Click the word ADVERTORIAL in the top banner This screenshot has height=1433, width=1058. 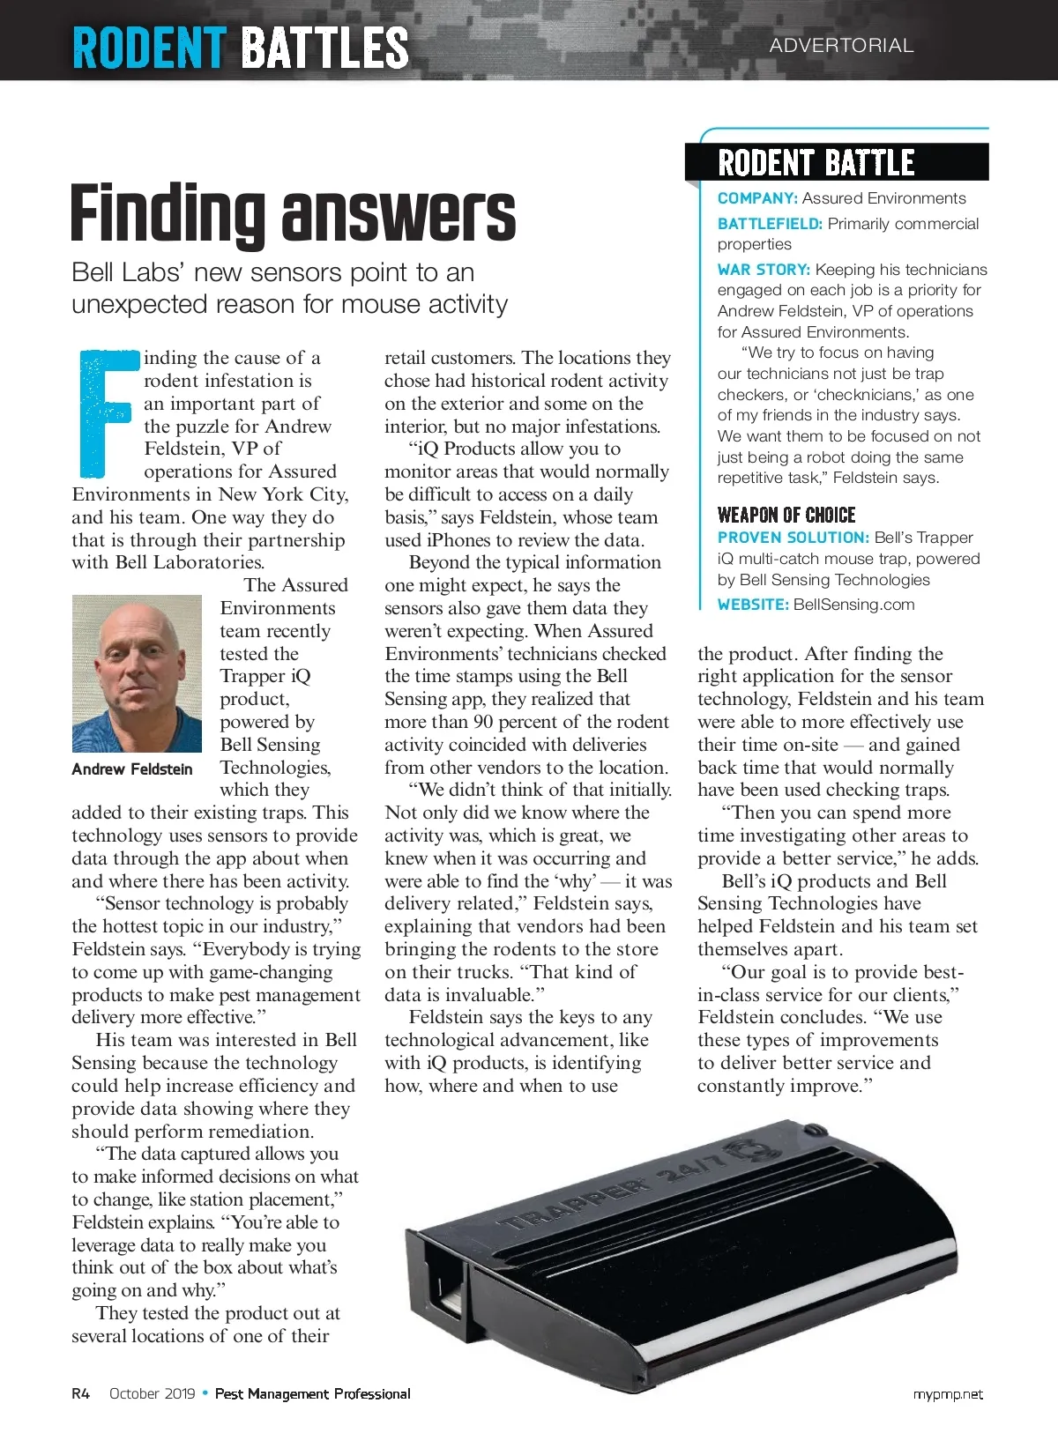pyautogui.click(x=841, y=45)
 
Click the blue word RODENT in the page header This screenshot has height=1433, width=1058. pyautogui.click(x=149, y=48)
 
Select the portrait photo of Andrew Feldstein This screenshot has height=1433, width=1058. pyautogui.click(x=137, y=673)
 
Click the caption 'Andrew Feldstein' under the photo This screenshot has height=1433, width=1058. pyautogui.click(x=132, y=769)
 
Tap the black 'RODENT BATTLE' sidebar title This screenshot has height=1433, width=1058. pyautogui.click(x=816, y=163)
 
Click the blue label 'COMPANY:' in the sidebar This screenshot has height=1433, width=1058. pyautogui.click(x=757, y=198)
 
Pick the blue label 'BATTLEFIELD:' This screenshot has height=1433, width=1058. pyautogui.click(x=770, y=224)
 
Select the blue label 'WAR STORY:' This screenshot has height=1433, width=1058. pyautogui.click(x=764, y=270)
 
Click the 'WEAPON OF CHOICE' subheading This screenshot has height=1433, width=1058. pyautogui.click(x=786, y=515)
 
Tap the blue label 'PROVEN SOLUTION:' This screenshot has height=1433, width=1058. pyautogui.click(x=793, y=538)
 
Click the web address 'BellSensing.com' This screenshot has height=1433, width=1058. pyautogui.click(x=853, y=605)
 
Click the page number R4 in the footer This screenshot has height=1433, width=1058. pyautogui.click(x=81, y=1393)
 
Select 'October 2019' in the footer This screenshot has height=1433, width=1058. pyautogui.click(x=153, y=1393)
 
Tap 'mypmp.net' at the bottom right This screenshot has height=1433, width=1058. pyautogui.click(x=948, y=1394)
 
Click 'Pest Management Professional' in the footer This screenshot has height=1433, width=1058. pyautogui.click(x=313, y=1393)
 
